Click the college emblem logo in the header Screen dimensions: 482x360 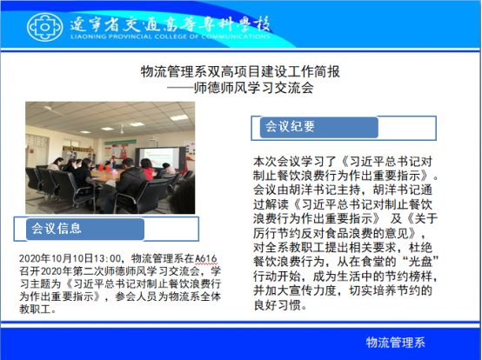[x=45, y=27]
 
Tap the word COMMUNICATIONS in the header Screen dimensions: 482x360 [x=236, y=37]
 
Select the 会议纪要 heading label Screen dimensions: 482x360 [x=290, y=126]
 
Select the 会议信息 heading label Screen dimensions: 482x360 [x=57, y=228]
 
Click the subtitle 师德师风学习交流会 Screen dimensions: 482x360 [x=253, y=88]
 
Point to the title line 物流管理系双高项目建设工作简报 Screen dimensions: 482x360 [x=240, y=71]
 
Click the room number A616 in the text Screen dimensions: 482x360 [x=206, y=258]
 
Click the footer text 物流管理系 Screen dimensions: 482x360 [x=395, y=343]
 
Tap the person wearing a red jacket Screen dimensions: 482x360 [x=147, y=169]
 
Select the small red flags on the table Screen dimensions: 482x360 [x=104, y=168]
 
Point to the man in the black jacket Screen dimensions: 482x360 [x=128, y=184]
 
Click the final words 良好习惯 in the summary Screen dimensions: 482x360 [x=278, y=305]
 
